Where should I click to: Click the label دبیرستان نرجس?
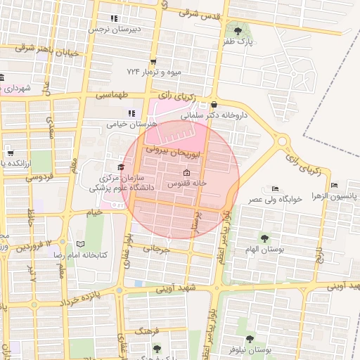click(x=114, y=30)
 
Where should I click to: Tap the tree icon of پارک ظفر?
click(x=238, y=30)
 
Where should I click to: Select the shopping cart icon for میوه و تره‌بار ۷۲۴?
click(x=153, y=62)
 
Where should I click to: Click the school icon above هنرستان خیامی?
click(x=130, y=112)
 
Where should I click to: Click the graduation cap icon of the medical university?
click(x=121, y=167)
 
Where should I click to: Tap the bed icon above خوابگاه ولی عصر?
click(x=275, y=188)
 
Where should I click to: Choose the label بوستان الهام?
click(x=264, y=250)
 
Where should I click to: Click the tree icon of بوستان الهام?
click(x=264, y=238)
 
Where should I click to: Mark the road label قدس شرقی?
click(x=200, y=14)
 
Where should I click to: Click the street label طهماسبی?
click(x=111, y=94)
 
